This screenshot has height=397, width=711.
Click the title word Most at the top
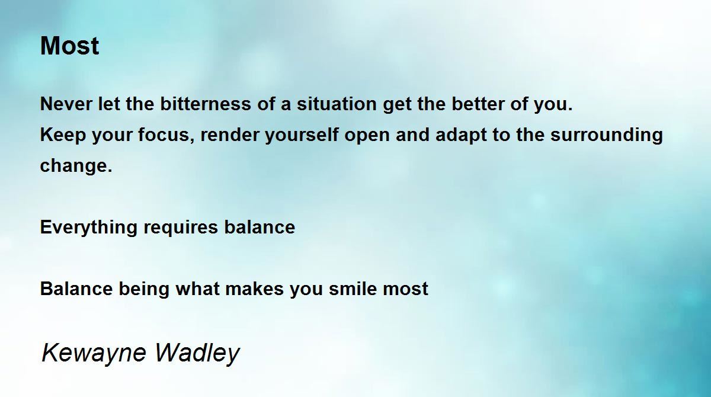tap(69, 46)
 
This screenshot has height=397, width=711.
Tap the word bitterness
tap(206, 104)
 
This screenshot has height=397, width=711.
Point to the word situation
tap(337, 104)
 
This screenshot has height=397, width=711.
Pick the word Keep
tap(63, 135)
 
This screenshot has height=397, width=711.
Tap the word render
tap(230, 135)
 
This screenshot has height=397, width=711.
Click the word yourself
tap(302, 135)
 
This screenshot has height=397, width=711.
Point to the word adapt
tap(460, 135)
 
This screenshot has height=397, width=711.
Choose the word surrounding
tap(607, 135)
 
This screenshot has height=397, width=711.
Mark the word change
tap(76, 166)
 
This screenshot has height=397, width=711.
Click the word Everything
tap(89, 228)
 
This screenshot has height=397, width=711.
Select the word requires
tap(181, 228)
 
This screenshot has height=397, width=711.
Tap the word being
tap(144, 289)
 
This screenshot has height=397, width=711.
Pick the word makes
tap(255, 289)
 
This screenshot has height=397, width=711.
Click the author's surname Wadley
tap(197, 353)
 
